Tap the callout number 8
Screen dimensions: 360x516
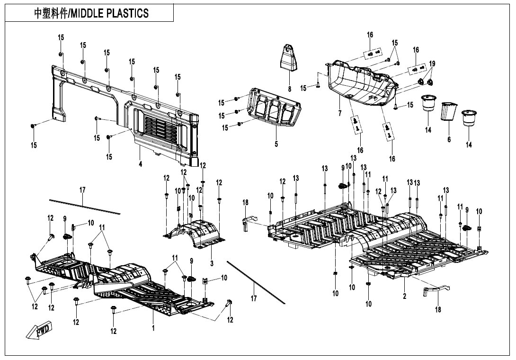click(289, 89)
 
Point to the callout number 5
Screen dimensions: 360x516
click(276, 144)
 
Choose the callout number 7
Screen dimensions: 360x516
click(339, 114)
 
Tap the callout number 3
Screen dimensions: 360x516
click(212, 262)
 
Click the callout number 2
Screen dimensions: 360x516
click(405, 297)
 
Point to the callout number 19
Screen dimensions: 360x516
click(432, 63)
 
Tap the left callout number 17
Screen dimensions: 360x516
click(82, 190)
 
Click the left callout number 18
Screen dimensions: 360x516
click(245, 203)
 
